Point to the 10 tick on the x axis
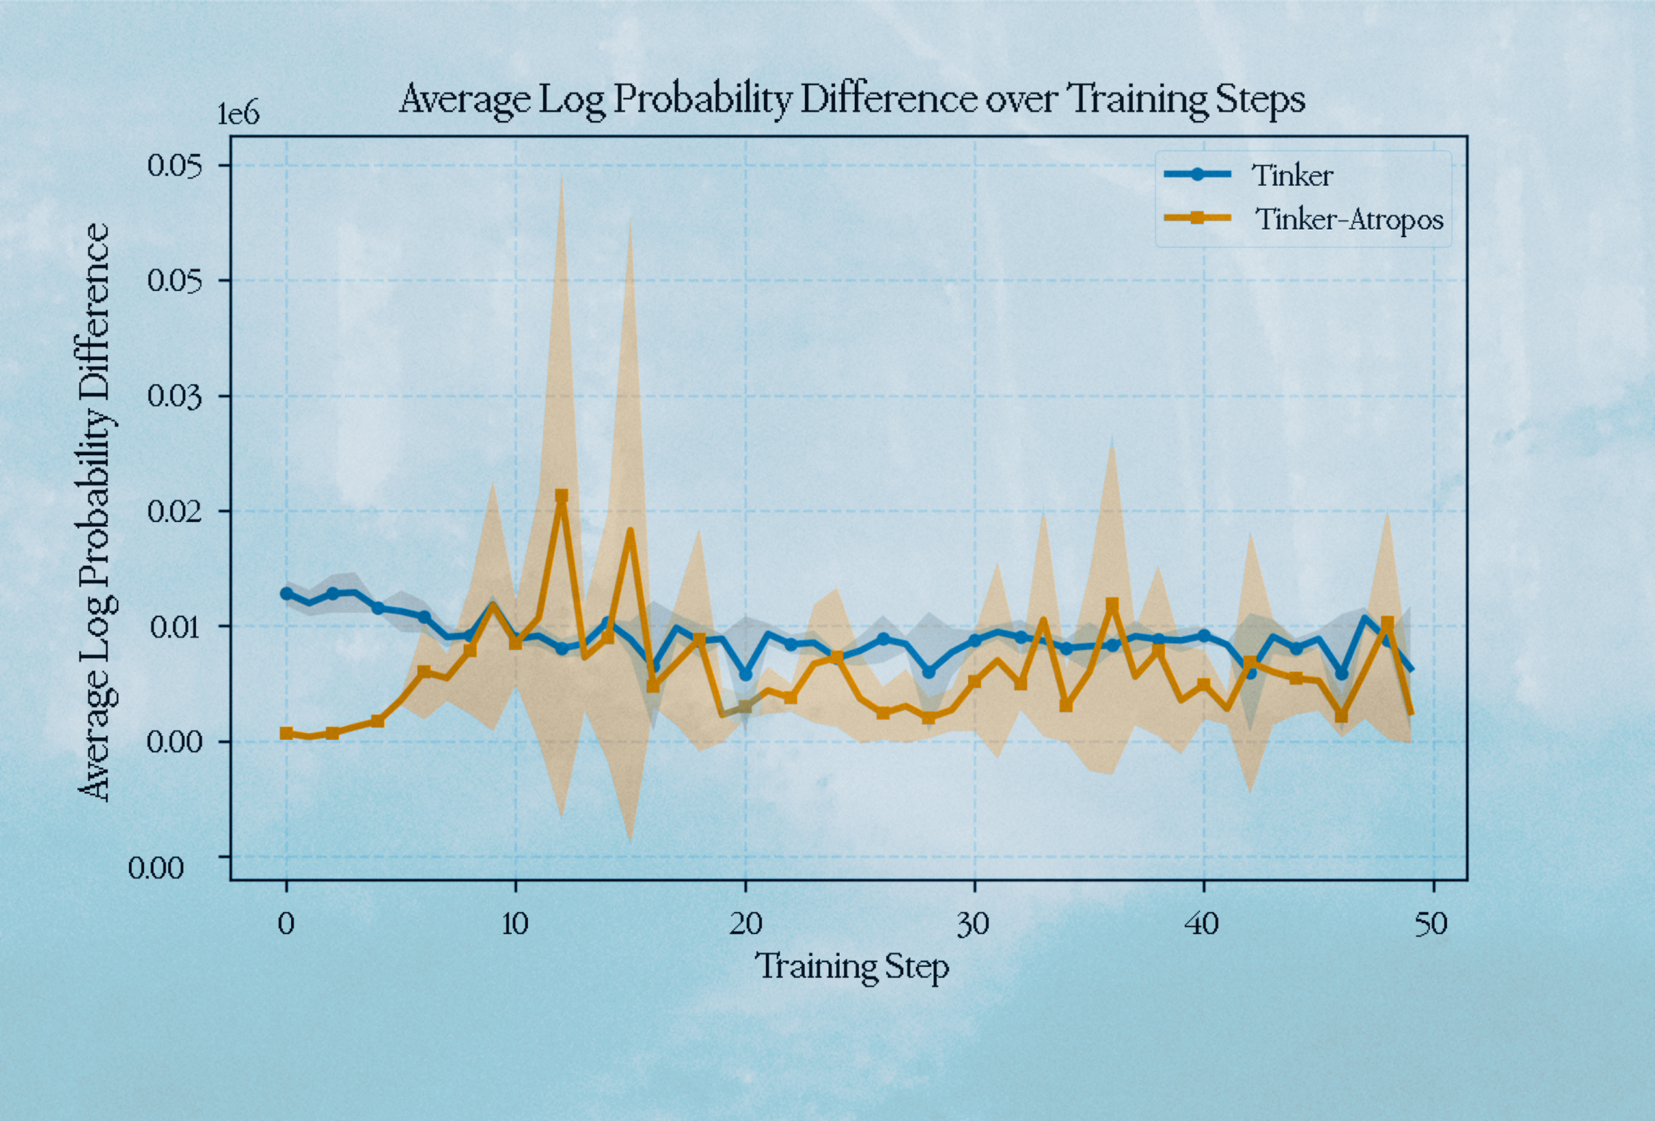[x=515, y=924]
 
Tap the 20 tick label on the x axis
[x=745, y=924]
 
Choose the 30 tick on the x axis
[x=974, y=924]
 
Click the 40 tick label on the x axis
[x=1203, y=924]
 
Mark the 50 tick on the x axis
[x=1432, y=924]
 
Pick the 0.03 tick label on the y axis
[x=174, y=396]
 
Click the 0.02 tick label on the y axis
[x=174, y=511]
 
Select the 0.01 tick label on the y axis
[x=174, y=626]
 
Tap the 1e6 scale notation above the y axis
[x=238, y=114]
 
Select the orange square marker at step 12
[x=562, y=496]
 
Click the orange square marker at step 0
[x=287, y=733]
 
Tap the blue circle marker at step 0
[x=287, y=593]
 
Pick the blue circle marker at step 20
[x=745, y=674]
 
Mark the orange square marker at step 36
[x=1112, y=604]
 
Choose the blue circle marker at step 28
[x=929, y=671]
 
